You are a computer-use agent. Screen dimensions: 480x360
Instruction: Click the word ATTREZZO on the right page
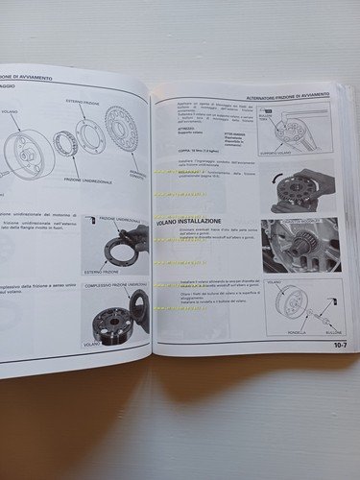click(186, 131)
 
